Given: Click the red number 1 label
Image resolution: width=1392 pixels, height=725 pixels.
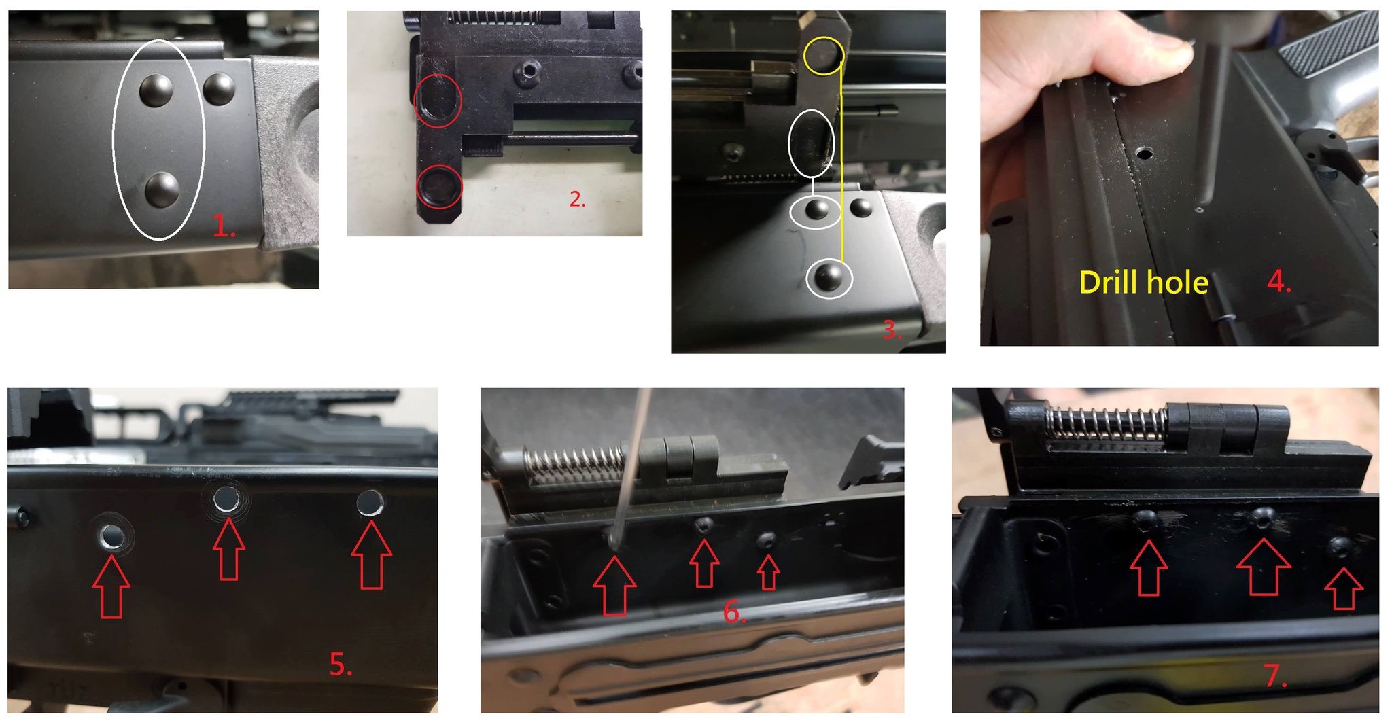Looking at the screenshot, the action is click(224, 226).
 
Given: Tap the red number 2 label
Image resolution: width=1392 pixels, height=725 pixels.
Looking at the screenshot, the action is click(577, 199).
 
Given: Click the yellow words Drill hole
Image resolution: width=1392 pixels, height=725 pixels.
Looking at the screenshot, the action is click(1144, 282).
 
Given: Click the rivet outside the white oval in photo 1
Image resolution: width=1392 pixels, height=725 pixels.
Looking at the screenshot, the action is click(219, 89).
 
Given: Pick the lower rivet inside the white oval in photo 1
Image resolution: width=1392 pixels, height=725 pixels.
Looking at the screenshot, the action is click(162, 189).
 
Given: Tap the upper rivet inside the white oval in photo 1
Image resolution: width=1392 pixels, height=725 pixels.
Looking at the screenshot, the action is click(156, 89).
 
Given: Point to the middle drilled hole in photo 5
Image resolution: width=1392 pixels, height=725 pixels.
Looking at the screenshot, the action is click(226, 501).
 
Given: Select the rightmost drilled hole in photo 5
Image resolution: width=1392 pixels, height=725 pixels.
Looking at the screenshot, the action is click(370, 502).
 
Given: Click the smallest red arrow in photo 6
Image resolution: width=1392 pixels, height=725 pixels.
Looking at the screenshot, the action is click(769, 573).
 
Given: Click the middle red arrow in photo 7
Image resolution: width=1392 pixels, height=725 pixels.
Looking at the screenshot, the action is click(1264, 567).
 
